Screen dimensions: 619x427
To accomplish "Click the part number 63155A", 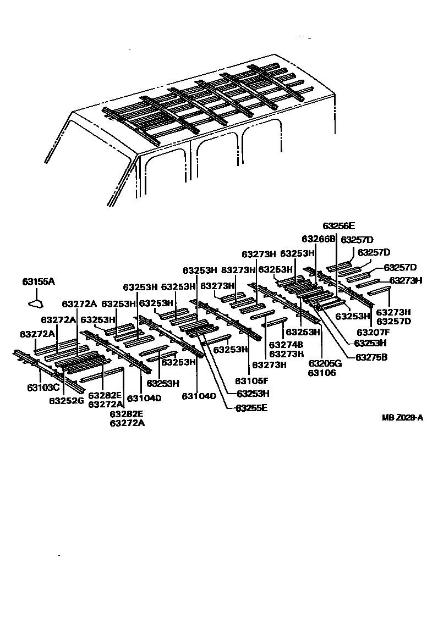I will [x=39, y=281].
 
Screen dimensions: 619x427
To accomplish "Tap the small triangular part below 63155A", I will [x=36, y=301].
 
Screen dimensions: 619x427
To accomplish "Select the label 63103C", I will [x=43, y=387].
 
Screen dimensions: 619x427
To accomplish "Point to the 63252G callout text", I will [x=66, y=400].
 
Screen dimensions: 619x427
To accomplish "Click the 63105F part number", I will [x=252, y=380].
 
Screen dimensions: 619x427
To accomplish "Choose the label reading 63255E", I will [x=252, y=408].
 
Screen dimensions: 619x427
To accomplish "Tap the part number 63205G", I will [x=325, y=363].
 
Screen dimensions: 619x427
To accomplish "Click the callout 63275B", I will [x=371, y=357].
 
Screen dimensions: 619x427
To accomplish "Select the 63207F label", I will [x=373, y=332].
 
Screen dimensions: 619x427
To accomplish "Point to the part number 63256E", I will [x=339, y=225].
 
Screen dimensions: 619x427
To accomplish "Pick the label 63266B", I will [x=318, y=239].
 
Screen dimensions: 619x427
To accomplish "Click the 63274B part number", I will [x=286, y=345].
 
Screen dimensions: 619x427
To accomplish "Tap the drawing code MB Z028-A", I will [x=403, y=418].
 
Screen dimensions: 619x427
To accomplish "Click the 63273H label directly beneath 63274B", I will [x=286, y=353].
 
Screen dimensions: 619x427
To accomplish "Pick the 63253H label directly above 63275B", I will [x=370, y=343].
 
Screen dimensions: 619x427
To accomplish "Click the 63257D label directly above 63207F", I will [x=394, y=321].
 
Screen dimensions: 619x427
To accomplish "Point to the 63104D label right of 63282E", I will [x=144, y=398].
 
